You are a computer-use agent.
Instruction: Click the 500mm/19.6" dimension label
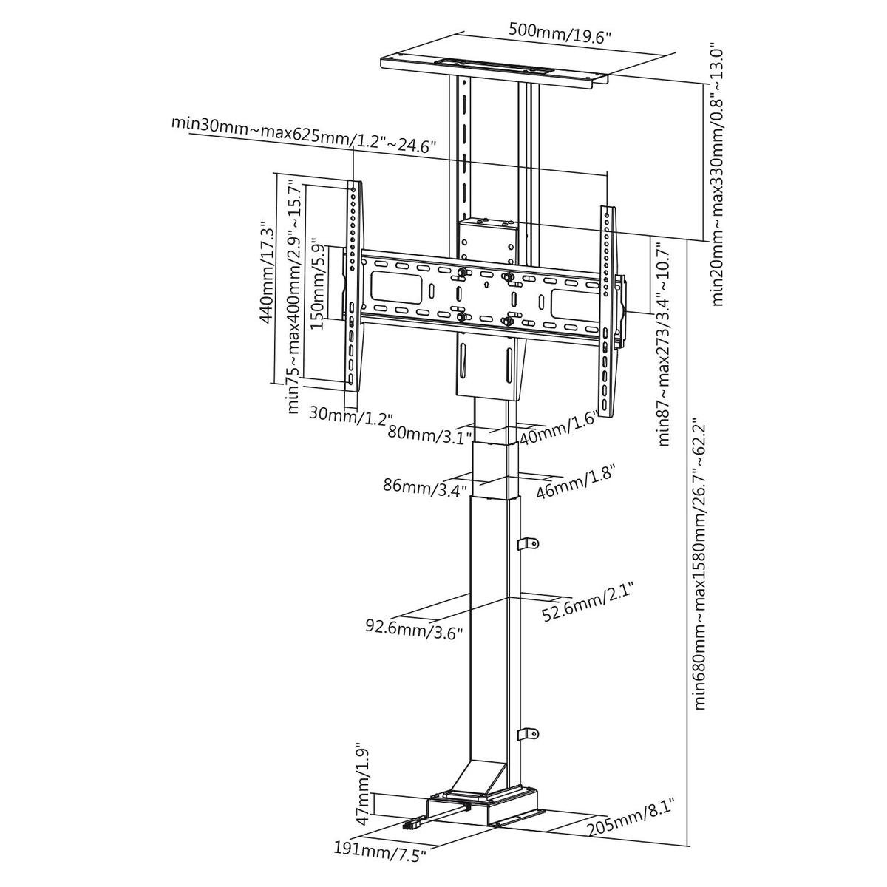pos(560,33)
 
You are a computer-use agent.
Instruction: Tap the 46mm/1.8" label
pos(575,481)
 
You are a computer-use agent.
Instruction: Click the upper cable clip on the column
pos(527,544)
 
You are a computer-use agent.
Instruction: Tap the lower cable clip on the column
pos(527,733)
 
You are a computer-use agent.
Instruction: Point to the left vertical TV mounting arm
pos(353,285)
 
